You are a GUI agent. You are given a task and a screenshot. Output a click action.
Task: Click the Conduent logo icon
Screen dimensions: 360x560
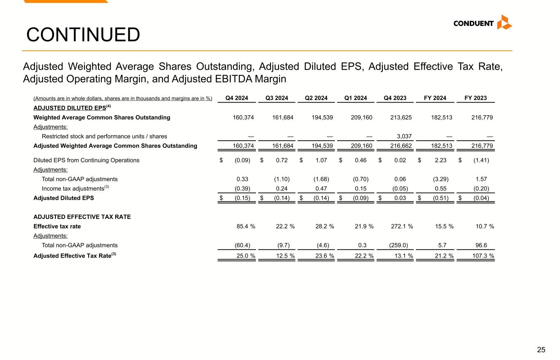(x=504, y=23)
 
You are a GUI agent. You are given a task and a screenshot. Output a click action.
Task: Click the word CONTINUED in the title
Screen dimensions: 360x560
(x=83, y=35)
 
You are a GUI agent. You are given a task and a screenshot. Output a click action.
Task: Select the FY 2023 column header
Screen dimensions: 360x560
(x=475, y=98)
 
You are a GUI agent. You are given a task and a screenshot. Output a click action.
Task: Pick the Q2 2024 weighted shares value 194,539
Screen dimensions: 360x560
(x=322, y=118)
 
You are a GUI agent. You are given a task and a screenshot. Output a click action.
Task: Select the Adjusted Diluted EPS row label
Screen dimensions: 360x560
(x=64, y=198)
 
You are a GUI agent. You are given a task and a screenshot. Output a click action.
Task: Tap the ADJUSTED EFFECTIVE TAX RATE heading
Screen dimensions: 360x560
(x=82, y=217)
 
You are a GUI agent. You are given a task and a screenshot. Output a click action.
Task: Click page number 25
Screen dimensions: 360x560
(x=541, y=350)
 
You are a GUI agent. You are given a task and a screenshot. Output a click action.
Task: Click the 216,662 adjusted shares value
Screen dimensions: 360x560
(x=401, y=146)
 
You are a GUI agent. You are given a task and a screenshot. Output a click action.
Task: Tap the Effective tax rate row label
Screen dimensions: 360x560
(x=57, y=226)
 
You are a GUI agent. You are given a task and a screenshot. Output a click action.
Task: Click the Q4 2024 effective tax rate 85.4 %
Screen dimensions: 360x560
(x=244, y=226)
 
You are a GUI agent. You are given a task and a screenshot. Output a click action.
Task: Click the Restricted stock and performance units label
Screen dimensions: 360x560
(x=104, y=136)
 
